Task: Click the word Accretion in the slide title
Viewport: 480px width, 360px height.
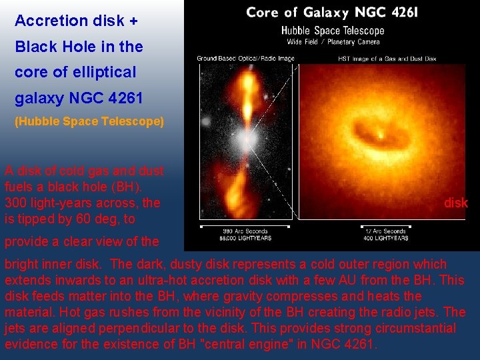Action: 44,21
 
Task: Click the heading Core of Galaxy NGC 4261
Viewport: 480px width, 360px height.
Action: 332,13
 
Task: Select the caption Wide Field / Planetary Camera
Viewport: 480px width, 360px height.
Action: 332,41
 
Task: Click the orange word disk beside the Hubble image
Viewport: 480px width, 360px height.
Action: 456,203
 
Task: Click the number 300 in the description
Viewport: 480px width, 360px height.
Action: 16,202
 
